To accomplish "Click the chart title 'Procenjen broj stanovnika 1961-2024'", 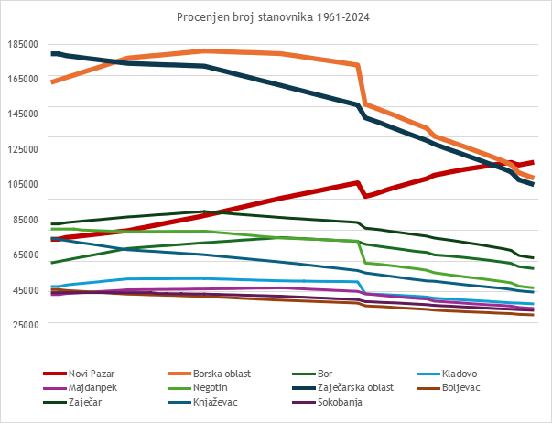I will (276, 17).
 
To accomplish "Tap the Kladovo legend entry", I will (460, 374).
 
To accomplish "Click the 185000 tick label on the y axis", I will (24, 44).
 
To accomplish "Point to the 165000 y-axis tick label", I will (24, 80).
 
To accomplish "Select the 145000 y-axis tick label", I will (24, 114).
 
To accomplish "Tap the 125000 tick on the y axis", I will (24, 149).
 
